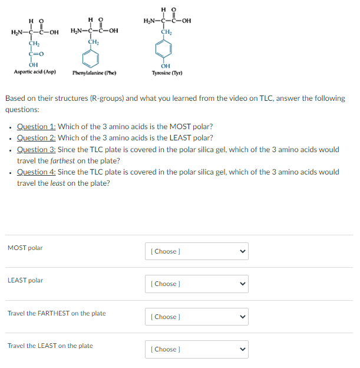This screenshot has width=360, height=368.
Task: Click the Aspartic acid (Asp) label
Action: (x=35, y=72)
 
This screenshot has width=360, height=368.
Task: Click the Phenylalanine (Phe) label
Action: (x=94, y=73)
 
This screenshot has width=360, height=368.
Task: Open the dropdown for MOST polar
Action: (x=197, y=251)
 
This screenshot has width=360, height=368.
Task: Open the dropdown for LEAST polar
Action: (x=197, y=284)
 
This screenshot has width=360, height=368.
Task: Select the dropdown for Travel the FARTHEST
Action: (x=197, y=317)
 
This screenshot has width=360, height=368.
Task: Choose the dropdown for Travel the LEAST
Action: (x=197, y=349)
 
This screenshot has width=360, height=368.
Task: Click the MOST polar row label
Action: (x=25, y=248)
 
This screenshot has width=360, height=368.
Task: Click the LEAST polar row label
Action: (x=25, y=280)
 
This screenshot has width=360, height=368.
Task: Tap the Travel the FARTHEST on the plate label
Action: (x=57, y=313)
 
